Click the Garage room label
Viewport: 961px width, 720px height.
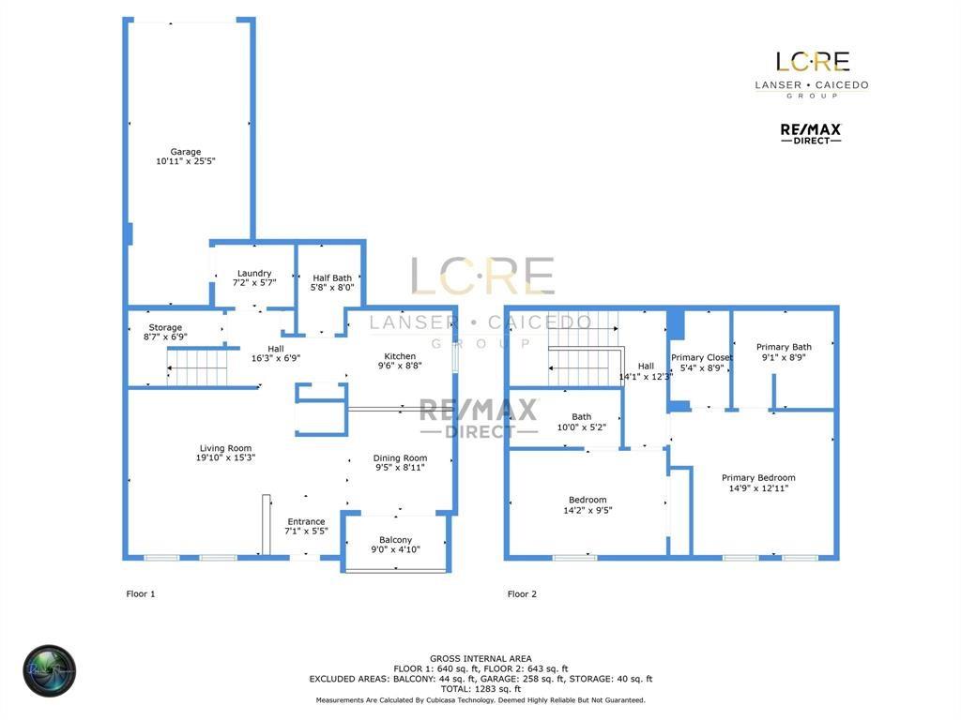(x=186, y=152)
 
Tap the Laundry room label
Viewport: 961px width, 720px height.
(x=254, y=274)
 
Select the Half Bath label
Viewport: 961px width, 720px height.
(x=332, y=277)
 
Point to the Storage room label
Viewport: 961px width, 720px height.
(x=165, y=328)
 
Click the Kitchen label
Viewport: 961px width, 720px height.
(x=400, y=356)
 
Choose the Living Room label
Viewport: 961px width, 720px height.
(x=225, y=448)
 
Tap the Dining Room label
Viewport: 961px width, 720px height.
(x=401, y=458)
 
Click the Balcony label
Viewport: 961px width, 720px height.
(x=395, y=540)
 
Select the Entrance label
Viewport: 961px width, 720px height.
(x=306, y=522)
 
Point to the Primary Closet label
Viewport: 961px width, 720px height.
(x=702, y=357)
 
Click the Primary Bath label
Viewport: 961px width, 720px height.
(x=784, y=347)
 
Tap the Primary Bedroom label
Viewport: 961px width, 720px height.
(x=758, y=478)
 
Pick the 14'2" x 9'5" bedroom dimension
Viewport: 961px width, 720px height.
(x=587, y=510)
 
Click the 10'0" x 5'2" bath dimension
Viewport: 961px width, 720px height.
(x=582, y=427)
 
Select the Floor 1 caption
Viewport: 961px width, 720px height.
(x=141, y=593)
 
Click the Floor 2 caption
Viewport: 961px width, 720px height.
(x=522, y=593)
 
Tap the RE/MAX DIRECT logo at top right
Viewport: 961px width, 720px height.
(x=811, y=132)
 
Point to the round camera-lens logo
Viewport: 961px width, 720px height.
(x=49, y=671)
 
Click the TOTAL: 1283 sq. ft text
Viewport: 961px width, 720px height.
(x=480, y=689)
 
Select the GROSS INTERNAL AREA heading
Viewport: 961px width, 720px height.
(x=480, y=658)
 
